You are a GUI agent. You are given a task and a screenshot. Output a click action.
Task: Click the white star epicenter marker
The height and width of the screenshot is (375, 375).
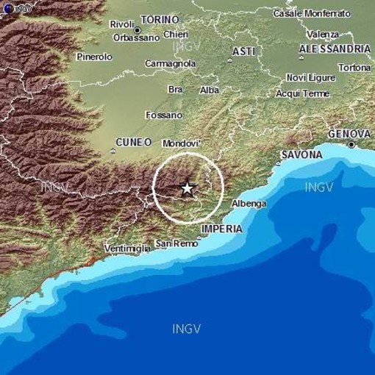pos(187,188)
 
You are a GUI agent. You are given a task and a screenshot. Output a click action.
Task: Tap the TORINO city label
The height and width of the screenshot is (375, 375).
pos(160,19)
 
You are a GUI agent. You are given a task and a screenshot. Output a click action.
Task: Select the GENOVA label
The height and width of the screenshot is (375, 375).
pos(349,133)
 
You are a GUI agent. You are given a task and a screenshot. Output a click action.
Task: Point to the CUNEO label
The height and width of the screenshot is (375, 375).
pos(133,142)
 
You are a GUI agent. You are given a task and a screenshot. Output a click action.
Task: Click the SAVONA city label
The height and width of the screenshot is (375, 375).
pos(300,155)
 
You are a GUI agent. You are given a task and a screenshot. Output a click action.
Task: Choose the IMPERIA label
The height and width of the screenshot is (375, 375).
pos(221,229)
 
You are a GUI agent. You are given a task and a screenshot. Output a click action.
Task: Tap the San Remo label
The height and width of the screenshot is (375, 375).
pos(174,243)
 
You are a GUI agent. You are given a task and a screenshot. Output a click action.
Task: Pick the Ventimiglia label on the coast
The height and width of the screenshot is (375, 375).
pos(127,249)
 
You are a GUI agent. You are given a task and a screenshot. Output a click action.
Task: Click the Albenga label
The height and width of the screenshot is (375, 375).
pos(249,204)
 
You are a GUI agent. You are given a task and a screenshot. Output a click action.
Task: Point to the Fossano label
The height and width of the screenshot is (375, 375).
pos(164,115)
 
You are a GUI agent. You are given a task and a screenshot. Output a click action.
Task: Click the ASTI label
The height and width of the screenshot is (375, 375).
pos(243,51)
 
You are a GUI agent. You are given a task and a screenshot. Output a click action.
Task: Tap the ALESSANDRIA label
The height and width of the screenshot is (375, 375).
pos(335,49)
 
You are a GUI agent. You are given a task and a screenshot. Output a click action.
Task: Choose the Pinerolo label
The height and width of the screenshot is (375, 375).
pos(94,57)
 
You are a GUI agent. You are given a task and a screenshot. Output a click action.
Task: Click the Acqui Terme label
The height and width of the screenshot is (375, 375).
pos(302,93)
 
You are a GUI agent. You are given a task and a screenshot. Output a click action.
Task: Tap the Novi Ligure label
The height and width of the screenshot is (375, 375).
pos(307,78)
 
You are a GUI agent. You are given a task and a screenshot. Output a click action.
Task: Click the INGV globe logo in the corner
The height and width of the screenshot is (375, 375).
pos(6,6)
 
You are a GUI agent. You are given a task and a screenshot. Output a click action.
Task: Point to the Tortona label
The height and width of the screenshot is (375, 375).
pos(355,68)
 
